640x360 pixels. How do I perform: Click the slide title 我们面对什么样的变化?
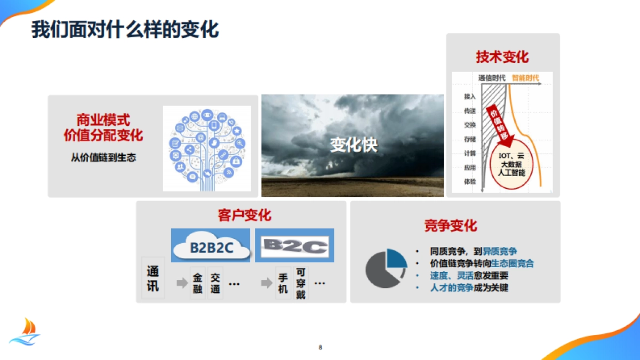125,29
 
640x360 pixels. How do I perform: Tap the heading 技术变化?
502,57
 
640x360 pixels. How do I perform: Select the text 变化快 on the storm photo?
353,145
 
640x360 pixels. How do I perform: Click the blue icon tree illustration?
207,148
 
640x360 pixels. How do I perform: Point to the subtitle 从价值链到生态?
103,157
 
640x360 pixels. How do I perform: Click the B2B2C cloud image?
211,245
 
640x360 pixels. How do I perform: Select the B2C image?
295,245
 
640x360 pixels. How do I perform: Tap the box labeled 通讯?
153,278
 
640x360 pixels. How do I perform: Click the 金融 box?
198,284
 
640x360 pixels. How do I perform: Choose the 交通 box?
215,284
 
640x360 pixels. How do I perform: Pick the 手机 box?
283,284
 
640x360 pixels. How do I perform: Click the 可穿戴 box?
301,283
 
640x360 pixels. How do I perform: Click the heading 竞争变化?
451,226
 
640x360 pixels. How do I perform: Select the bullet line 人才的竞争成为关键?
469,288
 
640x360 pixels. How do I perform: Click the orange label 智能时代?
525,78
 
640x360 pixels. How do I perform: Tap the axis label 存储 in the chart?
470,139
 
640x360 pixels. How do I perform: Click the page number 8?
321,348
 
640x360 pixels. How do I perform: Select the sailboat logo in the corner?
25,332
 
